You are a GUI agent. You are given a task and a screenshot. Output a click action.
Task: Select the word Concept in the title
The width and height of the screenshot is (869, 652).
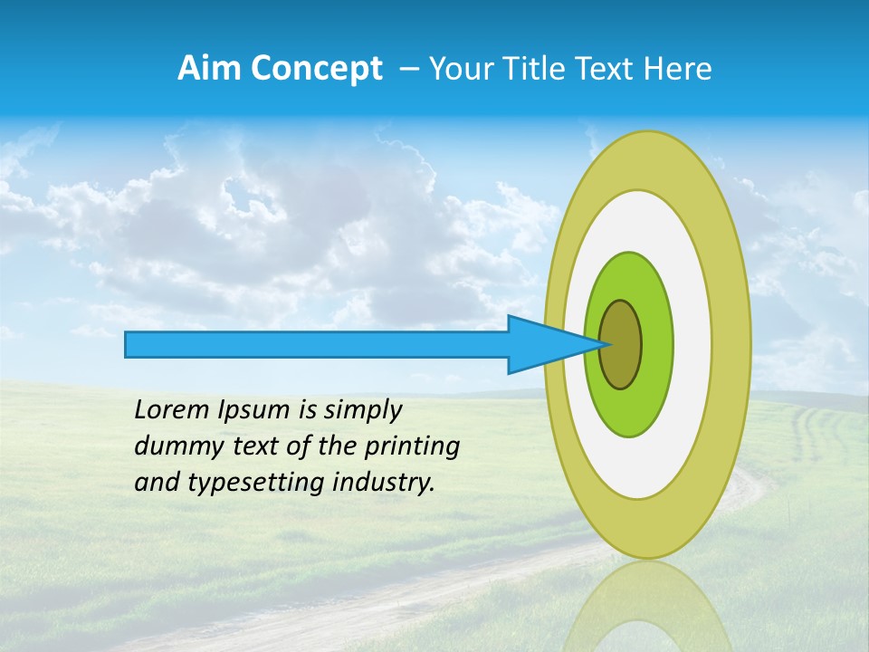[x=317, y=69]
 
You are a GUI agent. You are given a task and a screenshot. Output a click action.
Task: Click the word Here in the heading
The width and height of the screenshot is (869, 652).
[x=678, y=68]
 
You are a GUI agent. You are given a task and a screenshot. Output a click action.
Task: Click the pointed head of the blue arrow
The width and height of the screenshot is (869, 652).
[x=552, y=344]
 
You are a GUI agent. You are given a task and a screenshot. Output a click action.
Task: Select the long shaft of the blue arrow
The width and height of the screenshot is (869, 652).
[x=317, y=344]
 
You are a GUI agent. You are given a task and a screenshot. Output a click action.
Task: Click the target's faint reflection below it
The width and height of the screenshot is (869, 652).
[x=647, y=607]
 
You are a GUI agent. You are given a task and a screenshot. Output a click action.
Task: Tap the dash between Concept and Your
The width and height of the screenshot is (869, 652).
[x=408, y=69]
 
